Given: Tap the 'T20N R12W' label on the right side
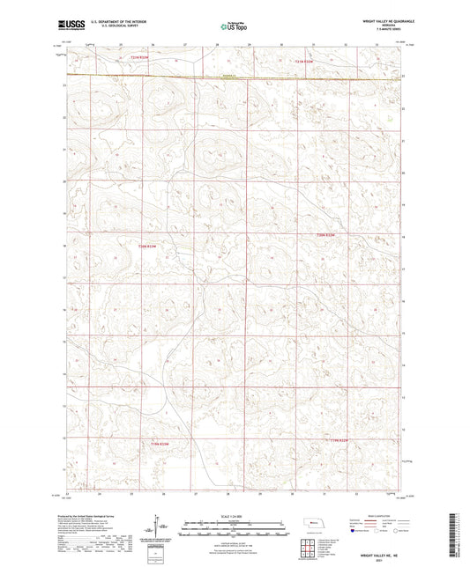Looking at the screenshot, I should click(x=326, y=235).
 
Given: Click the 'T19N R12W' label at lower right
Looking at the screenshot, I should click(x=340, y=439).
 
